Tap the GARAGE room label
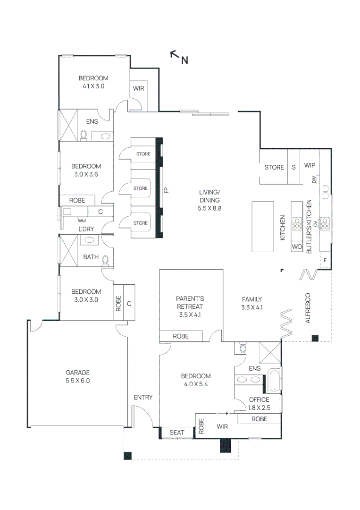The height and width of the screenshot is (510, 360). click(78, 373)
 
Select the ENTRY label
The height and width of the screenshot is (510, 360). click(143, 397)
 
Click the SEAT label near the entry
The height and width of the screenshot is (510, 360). click(177, 432)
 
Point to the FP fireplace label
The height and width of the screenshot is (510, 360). click(167, 190)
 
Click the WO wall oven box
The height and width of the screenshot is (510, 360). click(297, 246)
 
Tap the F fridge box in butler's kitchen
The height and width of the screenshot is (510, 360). click(325, 260)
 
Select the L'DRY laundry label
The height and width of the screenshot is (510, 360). click(86, 229)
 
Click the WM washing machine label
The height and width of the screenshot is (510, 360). click(82, 221)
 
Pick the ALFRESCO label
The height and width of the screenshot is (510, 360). click(308, 308)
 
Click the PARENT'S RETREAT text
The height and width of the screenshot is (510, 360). click(190, 303)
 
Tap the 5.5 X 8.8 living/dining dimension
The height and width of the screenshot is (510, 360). click(209, 208)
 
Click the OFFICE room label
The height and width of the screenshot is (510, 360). click(260, 399)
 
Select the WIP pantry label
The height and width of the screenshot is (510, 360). click(310, 165)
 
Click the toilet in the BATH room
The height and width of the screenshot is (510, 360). click(105, 261)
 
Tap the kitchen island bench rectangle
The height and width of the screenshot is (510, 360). click(262, 226)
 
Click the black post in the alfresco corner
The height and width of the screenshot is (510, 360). click(315, 338)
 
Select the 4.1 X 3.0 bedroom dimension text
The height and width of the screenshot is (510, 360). click(93, 86)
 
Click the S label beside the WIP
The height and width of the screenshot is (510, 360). click(294, 167)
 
